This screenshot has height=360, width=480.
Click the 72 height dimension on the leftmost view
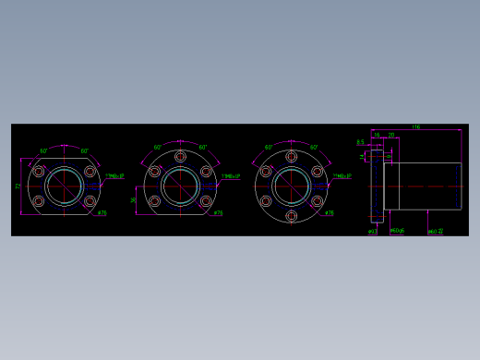pyautogui.click(x=18, y=186)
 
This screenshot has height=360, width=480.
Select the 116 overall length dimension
pyautogui.click(x=416, y=126)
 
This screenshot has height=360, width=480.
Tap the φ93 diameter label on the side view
pyautogui.click(x=371, y=231)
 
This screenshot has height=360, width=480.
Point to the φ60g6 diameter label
pyautogui.click(x=398, y=231)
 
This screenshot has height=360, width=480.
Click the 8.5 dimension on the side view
pyautogui.click(x=360, y=142)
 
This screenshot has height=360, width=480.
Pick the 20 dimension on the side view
pyautogui.click(x=390, y=136)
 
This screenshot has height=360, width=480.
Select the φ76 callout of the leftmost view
pyautogui.click(x=102, y=213)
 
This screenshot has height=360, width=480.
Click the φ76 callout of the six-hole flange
pyautogui.click(x=329, y=213)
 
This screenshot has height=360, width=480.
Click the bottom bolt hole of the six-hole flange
pyautogui.click(x=292, y=217)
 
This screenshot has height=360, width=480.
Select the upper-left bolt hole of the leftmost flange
pyautogui.click(x=39, y=172)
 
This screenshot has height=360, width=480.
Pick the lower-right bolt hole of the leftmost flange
pyautogui.click(x=90, y=201)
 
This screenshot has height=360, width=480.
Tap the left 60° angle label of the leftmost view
pyautogui.click(x=43, y=150)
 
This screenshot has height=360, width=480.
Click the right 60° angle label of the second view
pyautogui.click(x=202, y=148)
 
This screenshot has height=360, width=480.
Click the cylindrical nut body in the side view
pyautogui.click(x=423, y=185)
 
